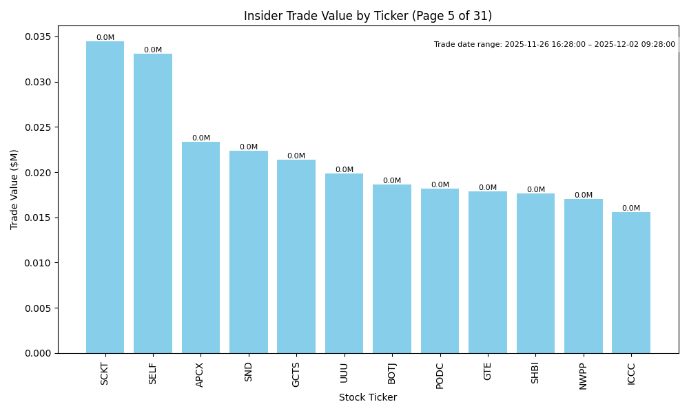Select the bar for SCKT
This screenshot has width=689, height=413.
[105, 198]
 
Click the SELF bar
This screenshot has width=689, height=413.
[153, 204]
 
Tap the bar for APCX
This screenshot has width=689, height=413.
[200, 248]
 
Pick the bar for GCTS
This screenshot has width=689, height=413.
[296, 257]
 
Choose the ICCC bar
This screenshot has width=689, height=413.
[631, 283]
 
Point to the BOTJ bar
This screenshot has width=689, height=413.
[392, 269]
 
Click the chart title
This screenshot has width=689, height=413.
[368, 16]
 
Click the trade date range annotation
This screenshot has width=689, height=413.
[555, 45]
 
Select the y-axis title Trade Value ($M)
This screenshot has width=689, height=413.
[14, 189]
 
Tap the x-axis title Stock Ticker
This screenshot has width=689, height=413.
[368, 397]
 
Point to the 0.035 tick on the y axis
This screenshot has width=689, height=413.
[39, 37]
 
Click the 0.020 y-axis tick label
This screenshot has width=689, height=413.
[39, 173]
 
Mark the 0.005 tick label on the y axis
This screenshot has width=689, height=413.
[39, 308]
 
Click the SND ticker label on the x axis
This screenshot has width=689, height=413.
[249, 372]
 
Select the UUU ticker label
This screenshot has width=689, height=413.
[344, 372]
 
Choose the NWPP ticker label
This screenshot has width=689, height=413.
[583, 376]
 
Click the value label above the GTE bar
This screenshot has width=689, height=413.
[488, 188]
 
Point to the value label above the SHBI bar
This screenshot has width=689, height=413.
[535, 190]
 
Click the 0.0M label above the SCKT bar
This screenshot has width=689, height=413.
[105, 38]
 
